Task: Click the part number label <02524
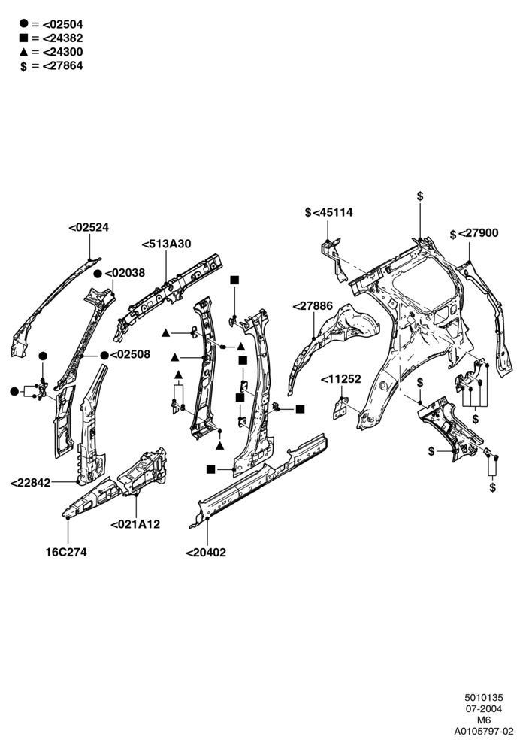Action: [x=89, y=227]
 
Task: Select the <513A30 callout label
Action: [x=166, y=244]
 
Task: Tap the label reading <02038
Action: [x=125, y=273]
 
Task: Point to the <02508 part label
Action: [x=130, y=354]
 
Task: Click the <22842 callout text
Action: [x=30, y=483]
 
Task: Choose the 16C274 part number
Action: [x=66, y=552]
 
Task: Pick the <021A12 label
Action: [x=135, y=524]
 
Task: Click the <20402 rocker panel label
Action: [x=206, y=553]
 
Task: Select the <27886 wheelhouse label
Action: [x=313, y=306]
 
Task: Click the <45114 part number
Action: [x=333, y=212]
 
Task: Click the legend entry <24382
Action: [x=62, y=38]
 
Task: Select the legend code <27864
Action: [x=62, y=66]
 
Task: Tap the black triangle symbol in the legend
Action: [x=23, y=52]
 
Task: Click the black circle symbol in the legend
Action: [x=23, y=23]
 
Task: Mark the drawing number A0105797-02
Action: [x=483, y=731]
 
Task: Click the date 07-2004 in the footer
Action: [x=483, y=709]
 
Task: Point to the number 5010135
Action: [x=484, y=699]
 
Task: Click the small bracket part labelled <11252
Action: [x=340, y=408]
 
